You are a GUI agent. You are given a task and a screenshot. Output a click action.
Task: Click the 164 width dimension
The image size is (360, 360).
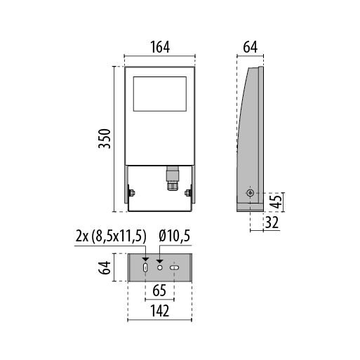coord(160,47)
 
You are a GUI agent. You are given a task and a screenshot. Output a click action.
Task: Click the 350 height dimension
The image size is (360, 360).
coord(105,138)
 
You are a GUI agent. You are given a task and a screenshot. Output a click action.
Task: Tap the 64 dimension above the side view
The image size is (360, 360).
coord(251,47)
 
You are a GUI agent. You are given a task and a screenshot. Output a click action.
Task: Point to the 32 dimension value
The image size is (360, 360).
coord(272,222)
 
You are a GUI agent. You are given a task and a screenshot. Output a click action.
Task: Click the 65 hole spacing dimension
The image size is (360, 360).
coord(159,291)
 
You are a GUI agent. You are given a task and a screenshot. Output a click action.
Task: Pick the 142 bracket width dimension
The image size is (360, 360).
coord(159,311)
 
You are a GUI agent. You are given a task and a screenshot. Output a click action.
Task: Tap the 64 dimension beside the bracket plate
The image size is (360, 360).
coord(105,267)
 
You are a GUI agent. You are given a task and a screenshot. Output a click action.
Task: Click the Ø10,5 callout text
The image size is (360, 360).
coord(175,236)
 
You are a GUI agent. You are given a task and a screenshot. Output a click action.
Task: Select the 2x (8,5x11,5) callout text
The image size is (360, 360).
coord(111,236)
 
